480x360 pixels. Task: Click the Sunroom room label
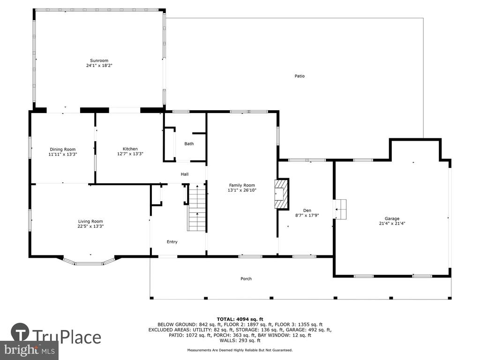[x=99, y=60]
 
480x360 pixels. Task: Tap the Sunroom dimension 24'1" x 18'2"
[x=99, y=66]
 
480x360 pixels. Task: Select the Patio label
[x=300, y=76]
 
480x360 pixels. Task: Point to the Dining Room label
[x=63, y=150]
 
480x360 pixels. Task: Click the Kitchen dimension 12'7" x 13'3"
[x=130, y=154]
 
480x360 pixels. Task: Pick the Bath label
[x=189, y=143]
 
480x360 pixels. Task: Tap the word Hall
[x=185, y=174]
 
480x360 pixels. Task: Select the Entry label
[x=172, y=242]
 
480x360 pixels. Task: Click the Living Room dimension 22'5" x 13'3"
[x=90, y=226]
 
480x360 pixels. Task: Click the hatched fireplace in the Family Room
[x=281, y=194]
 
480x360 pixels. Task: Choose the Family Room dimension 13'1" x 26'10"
[x=242, y=190]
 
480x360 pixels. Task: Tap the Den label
[x=307, y=210]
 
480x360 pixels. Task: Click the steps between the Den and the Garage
[x=340, y=210]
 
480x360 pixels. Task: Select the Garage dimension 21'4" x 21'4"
[x=392, y=224]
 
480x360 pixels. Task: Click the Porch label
[x=246, y=278]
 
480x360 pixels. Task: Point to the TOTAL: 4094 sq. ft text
[x=240, y=319]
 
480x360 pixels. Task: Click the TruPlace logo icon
[x=20, y=332]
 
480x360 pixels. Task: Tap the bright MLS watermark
[x=29, y=350]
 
